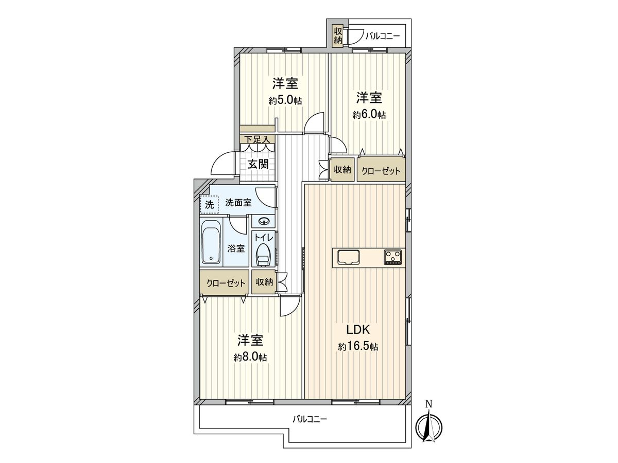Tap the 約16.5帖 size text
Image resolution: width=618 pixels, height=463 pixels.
(x=358, y=347)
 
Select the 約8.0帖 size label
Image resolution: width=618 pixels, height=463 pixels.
(x=250, y=357)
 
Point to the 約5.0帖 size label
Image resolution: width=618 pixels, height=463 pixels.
(x=285, y=101)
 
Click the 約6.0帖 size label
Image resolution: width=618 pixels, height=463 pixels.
(x=369, y=115)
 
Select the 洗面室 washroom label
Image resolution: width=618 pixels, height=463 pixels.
(x=238, y=203)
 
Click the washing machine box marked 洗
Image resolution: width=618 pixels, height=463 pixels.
(x=209, y=204)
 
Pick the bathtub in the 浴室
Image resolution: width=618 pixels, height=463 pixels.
(x=211, y=242)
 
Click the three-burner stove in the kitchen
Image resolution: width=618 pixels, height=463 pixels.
(x=393, y=256)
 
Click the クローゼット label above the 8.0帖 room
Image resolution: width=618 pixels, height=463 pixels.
(x=225, y=283)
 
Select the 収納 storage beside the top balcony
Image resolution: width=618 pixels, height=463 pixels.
(x=338, y=35)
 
